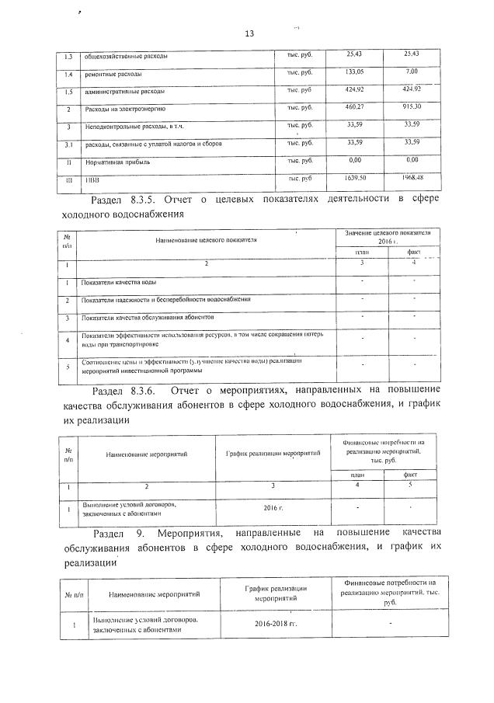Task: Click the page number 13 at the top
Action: (x=249, y=33)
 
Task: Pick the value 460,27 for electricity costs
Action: (x=354, y=106)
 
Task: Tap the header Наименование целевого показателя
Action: (x=206, y=240)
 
